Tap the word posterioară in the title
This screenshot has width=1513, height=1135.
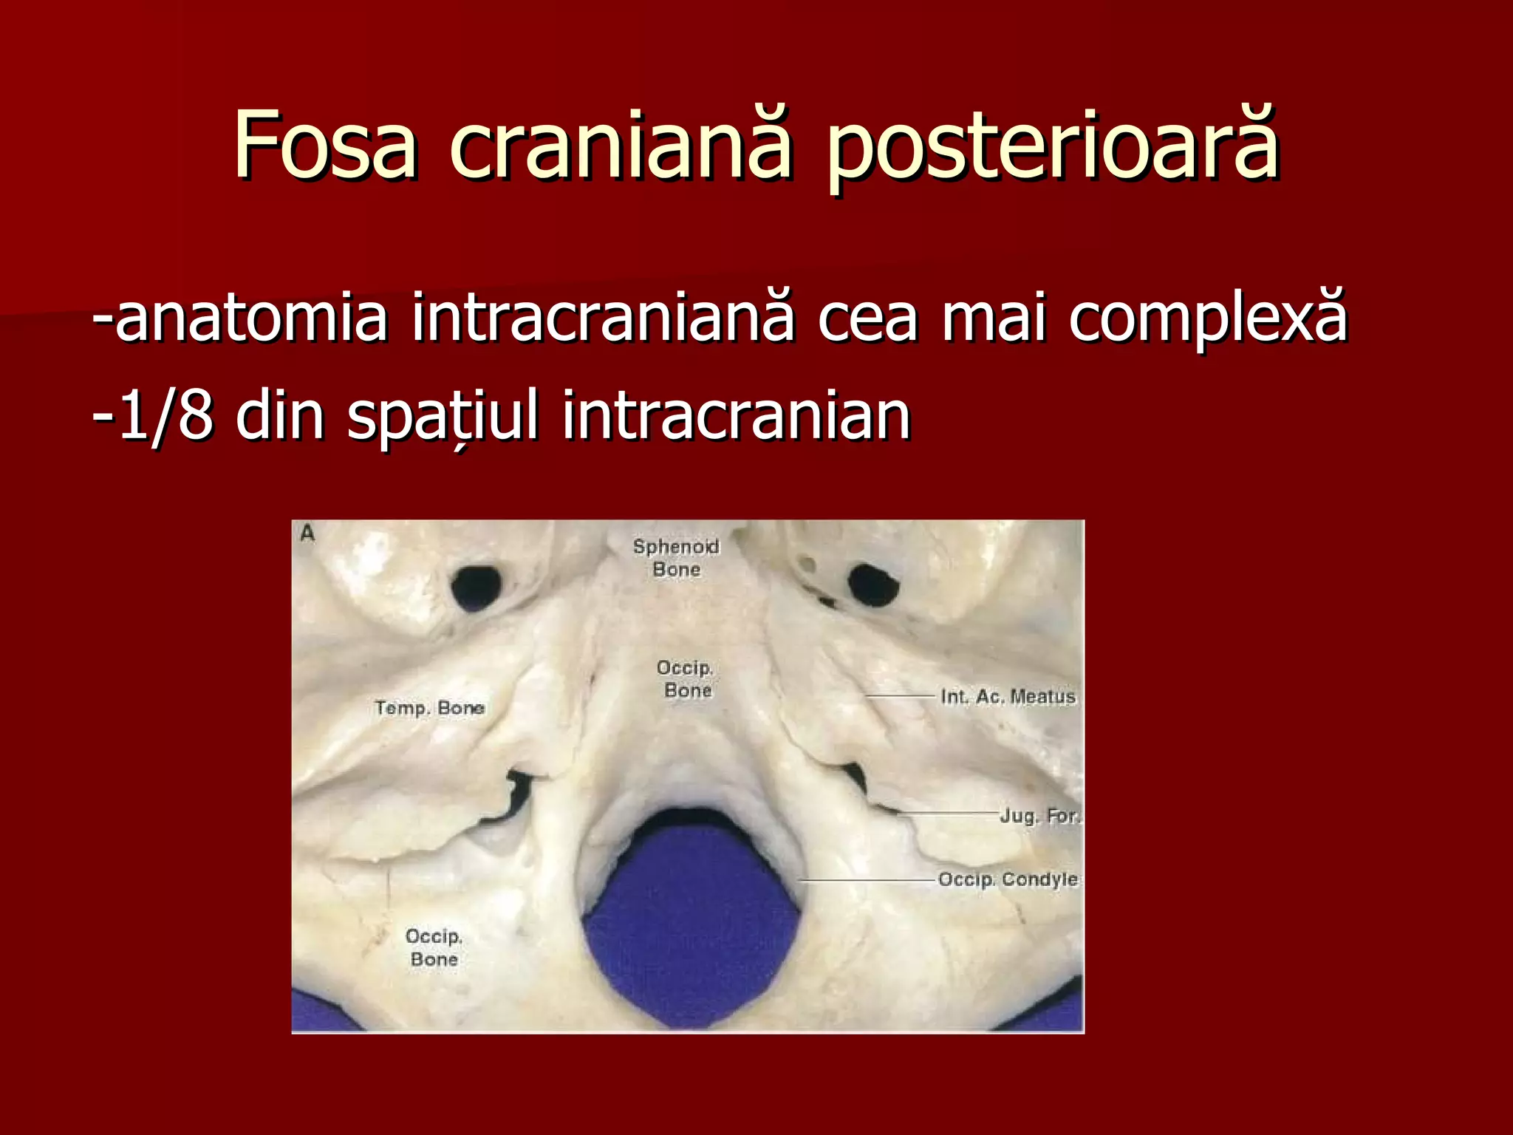point(1052,148)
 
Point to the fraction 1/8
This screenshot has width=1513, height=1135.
point(166,416)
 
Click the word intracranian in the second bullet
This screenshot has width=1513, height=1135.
point(736,416)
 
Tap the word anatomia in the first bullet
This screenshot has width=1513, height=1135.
point(251,319)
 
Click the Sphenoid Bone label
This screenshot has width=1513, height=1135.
point(676,558)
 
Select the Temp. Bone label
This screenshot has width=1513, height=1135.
point(429,708)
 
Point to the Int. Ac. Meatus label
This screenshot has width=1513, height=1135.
point(1008,697)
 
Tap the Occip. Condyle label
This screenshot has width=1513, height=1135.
point(1008,879)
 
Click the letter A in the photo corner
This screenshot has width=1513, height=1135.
point(307,534)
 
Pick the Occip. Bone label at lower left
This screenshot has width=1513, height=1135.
point(434,947)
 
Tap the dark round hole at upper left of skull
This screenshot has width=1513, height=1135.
point(475,588)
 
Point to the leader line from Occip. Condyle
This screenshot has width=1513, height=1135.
point(868,881)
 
